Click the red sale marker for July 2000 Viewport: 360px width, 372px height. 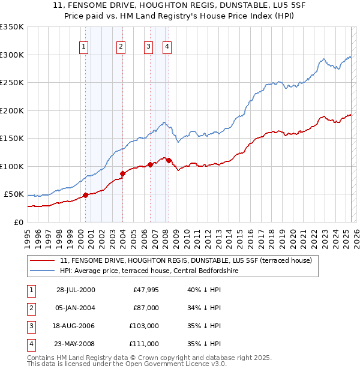pyautogui.click(x=86, y=194)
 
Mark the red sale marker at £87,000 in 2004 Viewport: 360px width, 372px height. pyautogui.click(x=122, y=173)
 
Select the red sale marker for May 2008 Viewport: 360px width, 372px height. pyautogui.click(x=169, y=160)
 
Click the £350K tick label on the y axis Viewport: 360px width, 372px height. pyautogui.click(x=12, y=27)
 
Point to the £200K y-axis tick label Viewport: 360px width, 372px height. pyautogui.click(x=12, y=110)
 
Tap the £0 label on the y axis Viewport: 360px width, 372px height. pyautogui.click(x=18, y=222)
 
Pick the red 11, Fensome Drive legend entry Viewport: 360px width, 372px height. pyautogui.click(x=186, y=261)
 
